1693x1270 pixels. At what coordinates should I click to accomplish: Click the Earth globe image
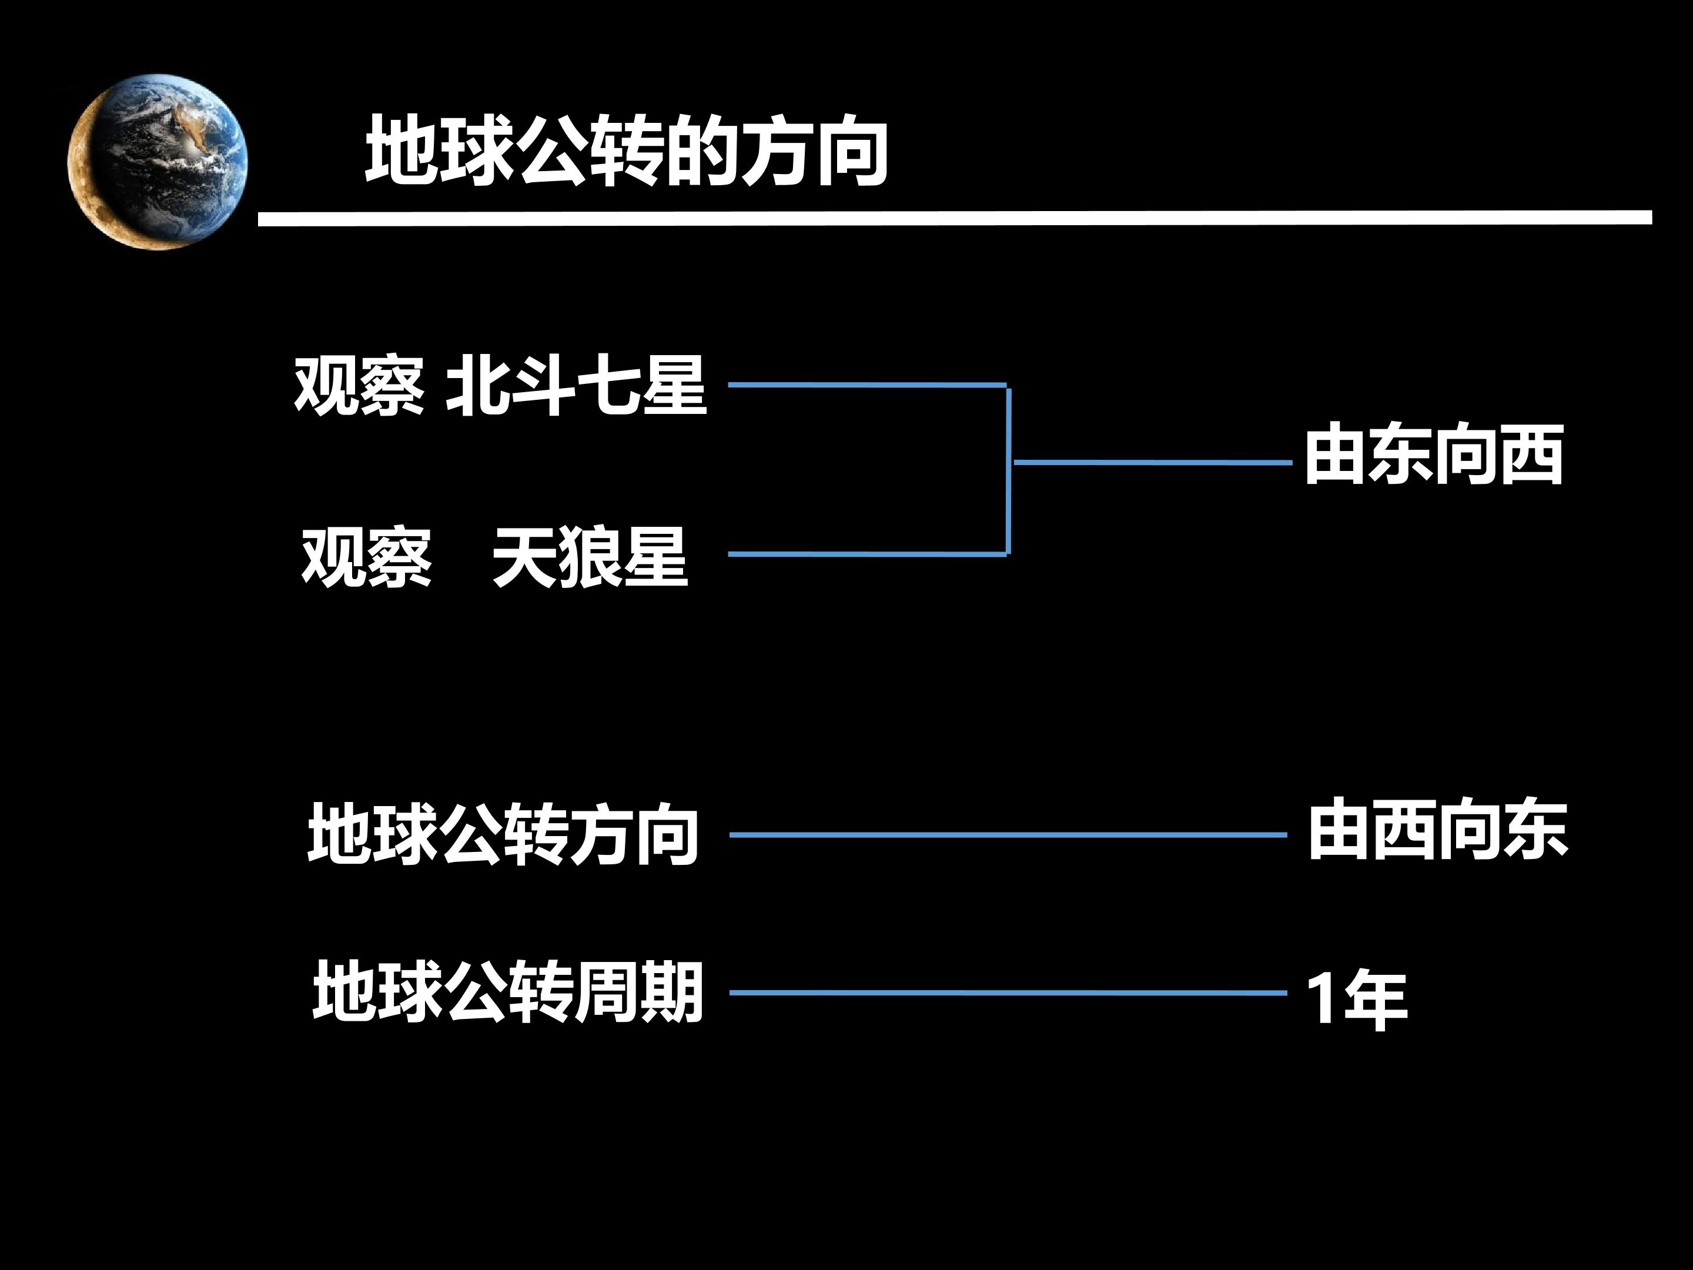(158, 162)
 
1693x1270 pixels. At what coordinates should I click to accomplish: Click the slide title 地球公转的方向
(626, 151)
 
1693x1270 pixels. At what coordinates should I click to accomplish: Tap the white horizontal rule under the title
(955, 219)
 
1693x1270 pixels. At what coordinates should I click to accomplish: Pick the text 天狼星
(590, 557)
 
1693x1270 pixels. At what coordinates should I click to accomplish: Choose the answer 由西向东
(1437, 830)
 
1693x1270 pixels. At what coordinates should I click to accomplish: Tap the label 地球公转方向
(503, 834)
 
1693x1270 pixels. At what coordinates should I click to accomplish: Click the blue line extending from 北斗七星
(867, 385)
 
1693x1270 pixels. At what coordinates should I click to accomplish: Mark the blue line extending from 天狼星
(867, 553)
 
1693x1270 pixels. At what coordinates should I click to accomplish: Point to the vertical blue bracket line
(1009, 470)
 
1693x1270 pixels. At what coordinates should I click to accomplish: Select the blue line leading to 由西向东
(1008, 835)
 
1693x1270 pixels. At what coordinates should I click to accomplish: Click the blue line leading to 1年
(1008, 993)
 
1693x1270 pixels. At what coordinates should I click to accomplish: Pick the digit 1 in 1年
(1323, 999)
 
